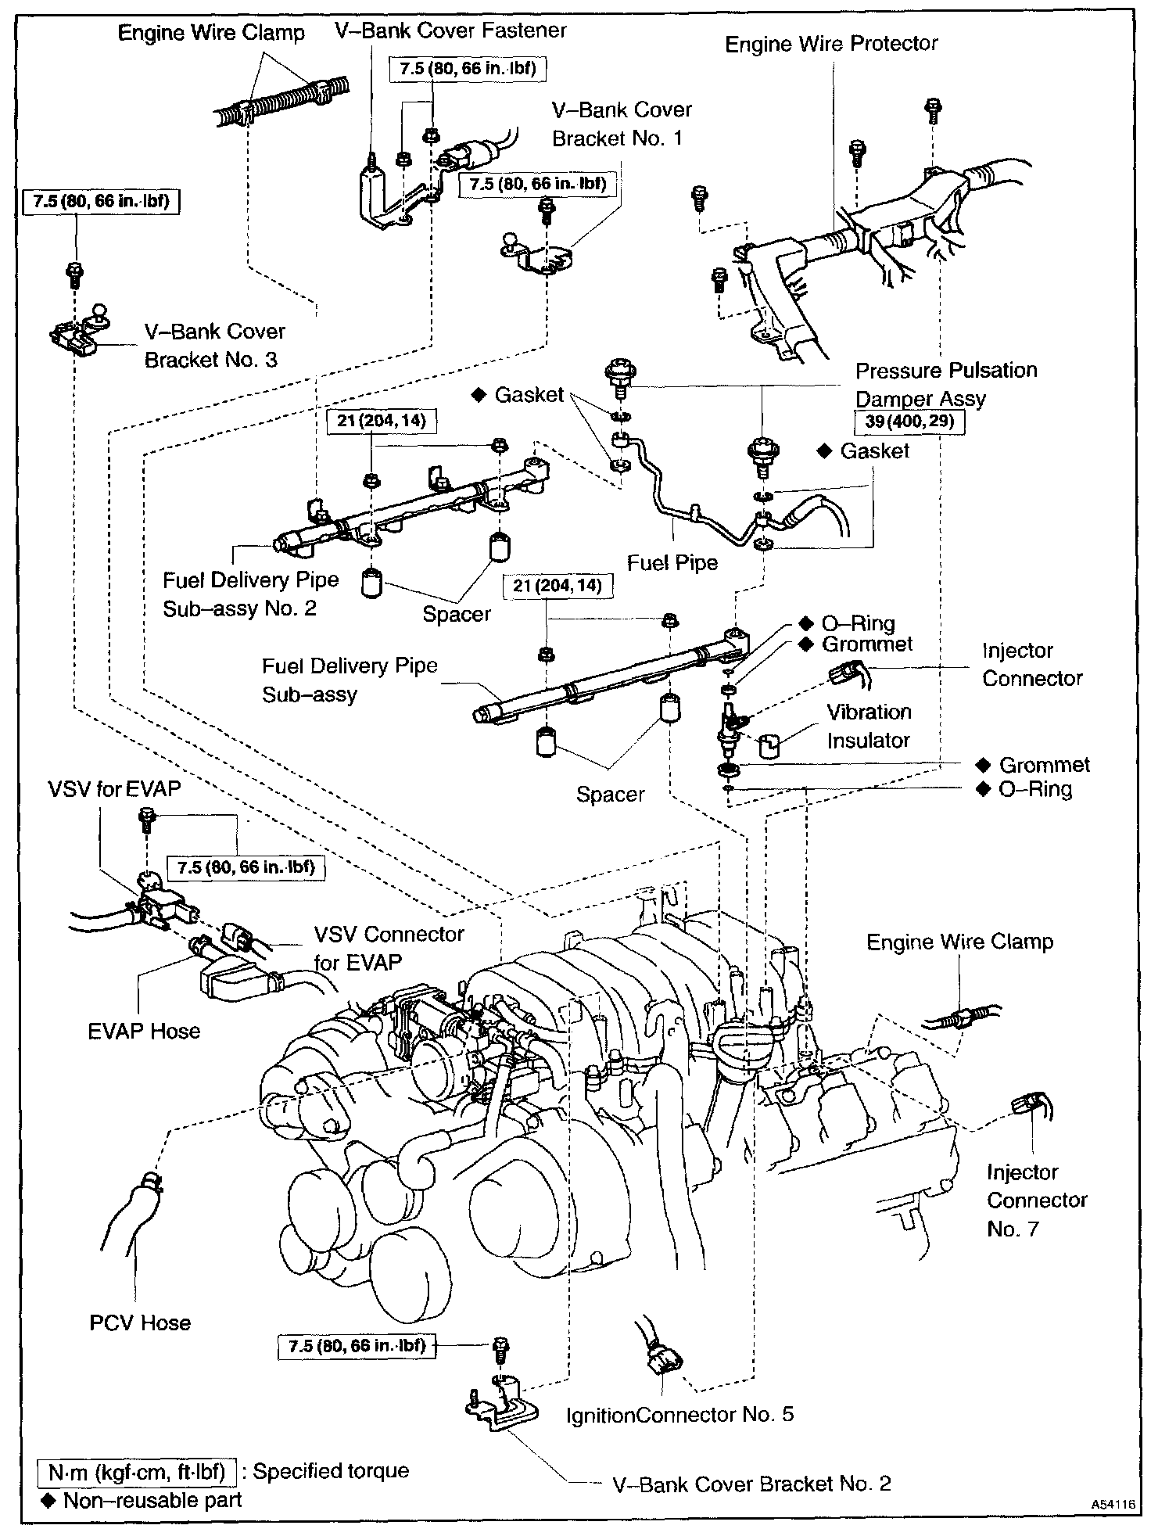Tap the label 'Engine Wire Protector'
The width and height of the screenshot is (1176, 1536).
[831, 44]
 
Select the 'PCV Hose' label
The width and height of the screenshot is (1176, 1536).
[140, 1322]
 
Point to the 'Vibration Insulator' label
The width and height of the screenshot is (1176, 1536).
[869, 726]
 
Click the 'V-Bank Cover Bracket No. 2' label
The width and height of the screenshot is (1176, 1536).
[752, 1484]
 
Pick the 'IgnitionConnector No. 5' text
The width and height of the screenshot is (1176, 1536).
[679, 1414]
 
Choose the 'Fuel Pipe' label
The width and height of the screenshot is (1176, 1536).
[672, 562]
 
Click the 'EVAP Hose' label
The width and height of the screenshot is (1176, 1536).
[144, 1031]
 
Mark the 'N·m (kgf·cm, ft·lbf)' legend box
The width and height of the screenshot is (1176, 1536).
[137, 1472]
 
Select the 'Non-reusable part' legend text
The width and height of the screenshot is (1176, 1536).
[152, 1500]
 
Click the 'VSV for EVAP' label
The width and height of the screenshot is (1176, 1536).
[114, 789]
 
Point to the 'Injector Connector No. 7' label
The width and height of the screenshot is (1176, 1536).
[1036, 1200]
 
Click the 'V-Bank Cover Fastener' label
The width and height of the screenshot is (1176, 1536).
[450, 31]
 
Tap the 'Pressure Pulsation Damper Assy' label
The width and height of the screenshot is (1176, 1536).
[946, 384]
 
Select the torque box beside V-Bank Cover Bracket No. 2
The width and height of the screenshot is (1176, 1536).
[357, 1346]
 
